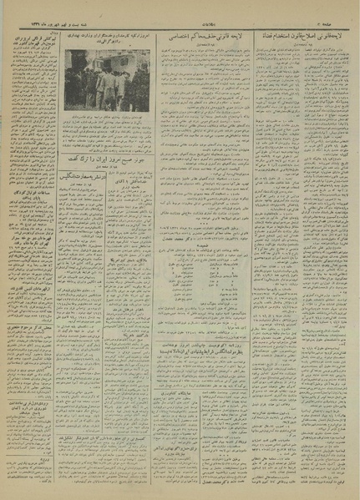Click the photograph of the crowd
click(x=107, y=79)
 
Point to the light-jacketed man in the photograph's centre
click(x=104, y=83)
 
